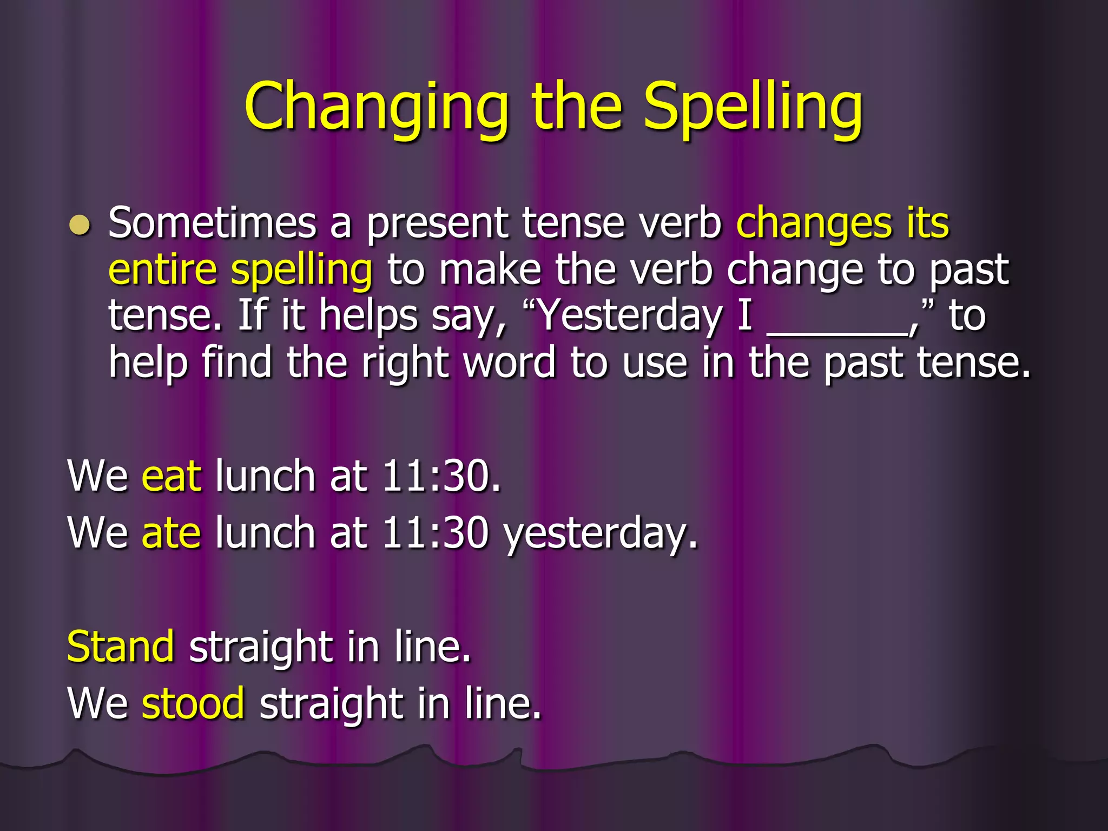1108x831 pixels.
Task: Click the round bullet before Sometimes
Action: (x=80, y=225)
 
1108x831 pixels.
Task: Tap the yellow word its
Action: (x=927, y=223)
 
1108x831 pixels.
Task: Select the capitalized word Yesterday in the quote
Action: (x=630, y=316)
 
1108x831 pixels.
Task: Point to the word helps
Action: (x=368, y=316)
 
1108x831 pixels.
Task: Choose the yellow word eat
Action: (x=172, y=477)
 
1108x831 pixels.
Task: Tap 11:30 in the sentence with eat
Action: (x=435, y=477)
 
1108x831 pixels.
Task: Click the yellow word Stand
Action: (x=120, y=647)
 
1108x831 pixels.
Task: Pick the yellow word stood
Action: (x=193, y=703)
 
